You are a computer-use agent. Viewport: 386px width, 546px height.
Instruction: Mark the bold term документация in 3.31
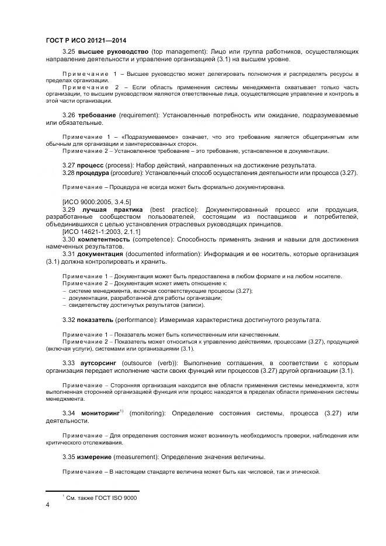click(100, 254)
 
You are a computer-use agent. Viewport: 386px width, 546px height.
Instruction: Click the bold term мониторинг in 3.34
click(98, 414)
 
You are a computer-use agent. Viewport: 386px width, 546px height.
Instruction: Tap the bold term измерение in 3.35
click(96, 456)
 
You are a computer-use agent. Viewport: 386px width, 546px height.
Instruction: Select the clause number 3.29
click(69, 209)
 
